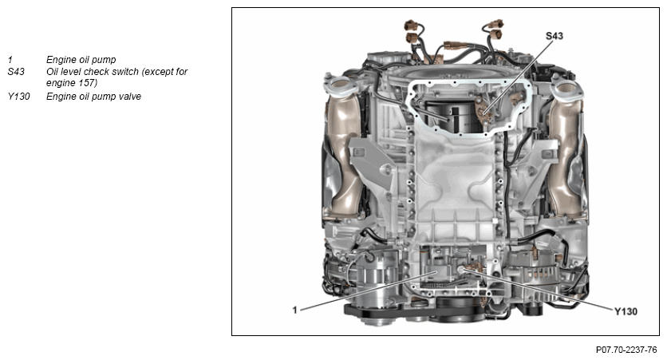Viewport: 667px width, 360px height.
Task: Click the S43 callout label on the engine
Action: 555,36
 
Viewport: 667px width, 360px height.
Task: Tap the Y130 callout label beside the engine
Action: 626,311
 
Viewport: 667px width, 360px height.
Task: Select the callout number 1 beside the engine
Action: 294,310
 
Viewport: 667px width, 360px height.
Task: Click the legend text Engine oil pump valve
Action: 93,97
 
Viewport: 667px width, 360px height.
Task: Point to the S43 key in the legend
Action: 16,72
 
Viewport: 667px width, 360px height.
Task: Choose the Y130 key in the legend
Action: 18,97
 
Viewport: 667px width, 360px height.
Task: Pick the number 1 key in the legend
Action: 10,60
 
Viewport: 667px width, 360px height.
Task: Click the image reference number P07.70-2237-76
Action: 626,350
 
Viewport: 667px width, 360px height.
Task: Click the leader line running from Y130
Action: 538,289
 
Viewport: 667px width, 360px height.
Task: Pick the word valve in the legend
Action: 129,97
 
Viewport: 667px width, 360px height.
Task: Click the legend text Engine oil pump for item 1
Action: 81,60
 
